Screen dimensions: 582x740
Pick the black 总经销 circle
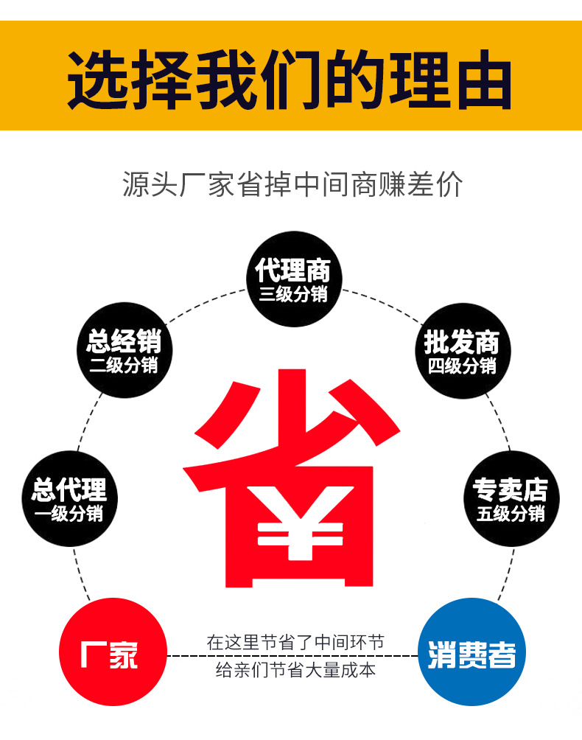click(x=123, y=351)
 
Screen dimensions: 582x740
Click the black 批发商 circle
click(x=462, y=351)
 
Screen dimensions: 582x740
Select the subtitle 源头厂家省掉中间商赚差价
click(x=292, y=185)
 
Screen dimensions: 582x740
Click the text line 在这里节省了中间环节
click(x=295, y=642)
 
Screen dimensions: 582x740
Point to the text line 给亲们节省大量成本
click(x=295, y=670)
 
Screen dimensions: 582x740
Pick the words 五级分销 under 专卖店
click(x=510, y=514)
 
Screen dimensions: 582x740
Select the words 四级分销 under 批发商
click(x=462, y=365)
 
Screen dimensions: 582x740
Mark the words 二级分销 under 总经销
click(x=123, y=365)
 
